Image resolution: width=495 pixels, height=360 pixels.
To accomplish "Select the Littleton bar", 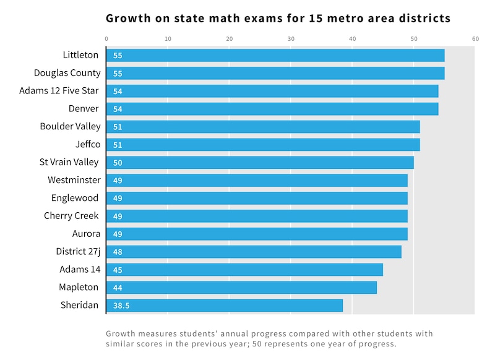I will (x=275, y=56).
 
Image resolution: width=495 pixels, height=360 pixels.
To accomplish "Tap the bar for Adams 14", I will (x=244, y=270).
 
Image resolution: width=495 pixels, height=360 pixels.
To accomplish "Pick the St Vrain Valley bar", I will (x=260, y=163).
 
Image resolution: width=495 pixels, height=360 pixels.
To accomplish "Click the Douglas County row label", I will (x=67, y=73).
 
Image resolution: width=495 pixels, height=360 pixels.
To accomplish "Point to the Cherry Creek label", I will (x=71, y=216).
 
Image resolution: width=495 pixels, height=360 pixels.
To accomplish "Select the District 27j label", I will (x=78, y=252).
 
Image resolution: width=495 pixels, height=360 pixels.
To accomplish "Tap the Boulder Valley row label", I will (x=70, y=127).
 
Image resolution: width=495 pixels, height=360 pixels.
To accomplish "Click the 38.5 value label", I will (x=121, y=306).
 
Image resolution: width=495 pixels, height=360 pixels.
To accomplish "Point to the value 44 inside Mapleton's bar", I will (x=118, y=288).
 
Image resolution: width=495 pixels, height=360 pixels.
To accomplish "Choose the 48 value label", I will (x=118, y=252).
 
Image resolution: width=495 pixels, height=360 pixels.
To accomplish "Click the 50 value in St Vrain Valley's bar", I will (x=118, y=163).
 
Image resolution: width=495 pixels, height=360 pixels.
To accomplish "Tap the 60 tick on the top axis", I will (x=475, y=39).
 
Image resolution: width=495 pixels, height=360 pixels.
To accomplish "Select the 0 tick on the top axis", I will (x=106, y=39).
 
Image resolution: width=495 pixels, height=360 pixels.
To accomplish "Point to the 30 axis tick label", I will (x=291, y=39).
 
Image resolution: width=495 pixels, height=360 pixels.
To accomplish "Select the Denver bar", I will (x=272, y=109).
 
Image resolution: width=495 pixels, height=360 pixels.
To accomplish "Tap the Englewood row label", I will (x=75, y=198).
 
